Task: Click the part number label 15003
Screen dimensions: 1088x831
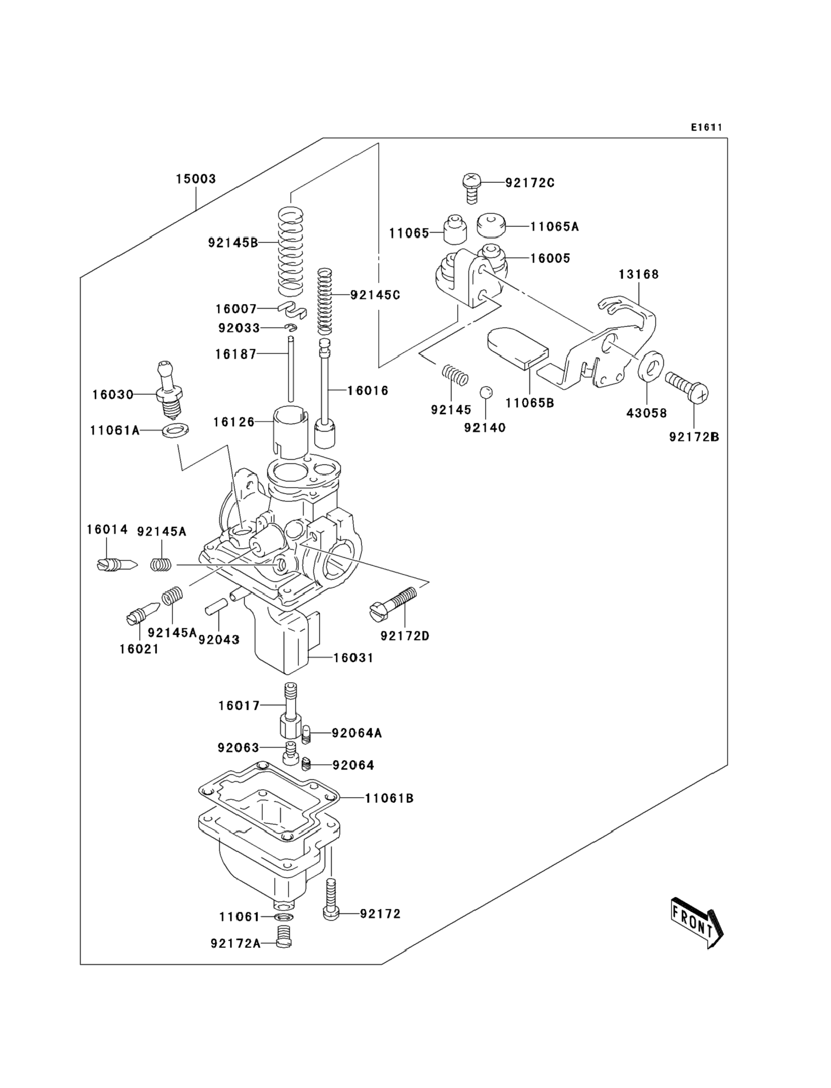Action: pos(196,179)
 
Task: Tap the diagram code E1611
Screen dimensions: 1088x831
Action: pos(706,128)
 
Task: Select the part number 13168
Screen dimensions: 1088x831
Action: pos(638,274)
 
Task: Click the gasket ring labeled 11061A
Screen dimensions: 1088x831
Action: pos(175,430)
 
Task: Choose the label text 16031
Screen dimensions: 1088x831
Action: pos(353,658)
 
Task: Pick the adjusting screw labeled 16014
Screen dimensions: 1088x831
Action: pos(117,564)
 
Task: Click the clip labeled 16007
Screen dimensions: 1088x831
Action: pos(293,310)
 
